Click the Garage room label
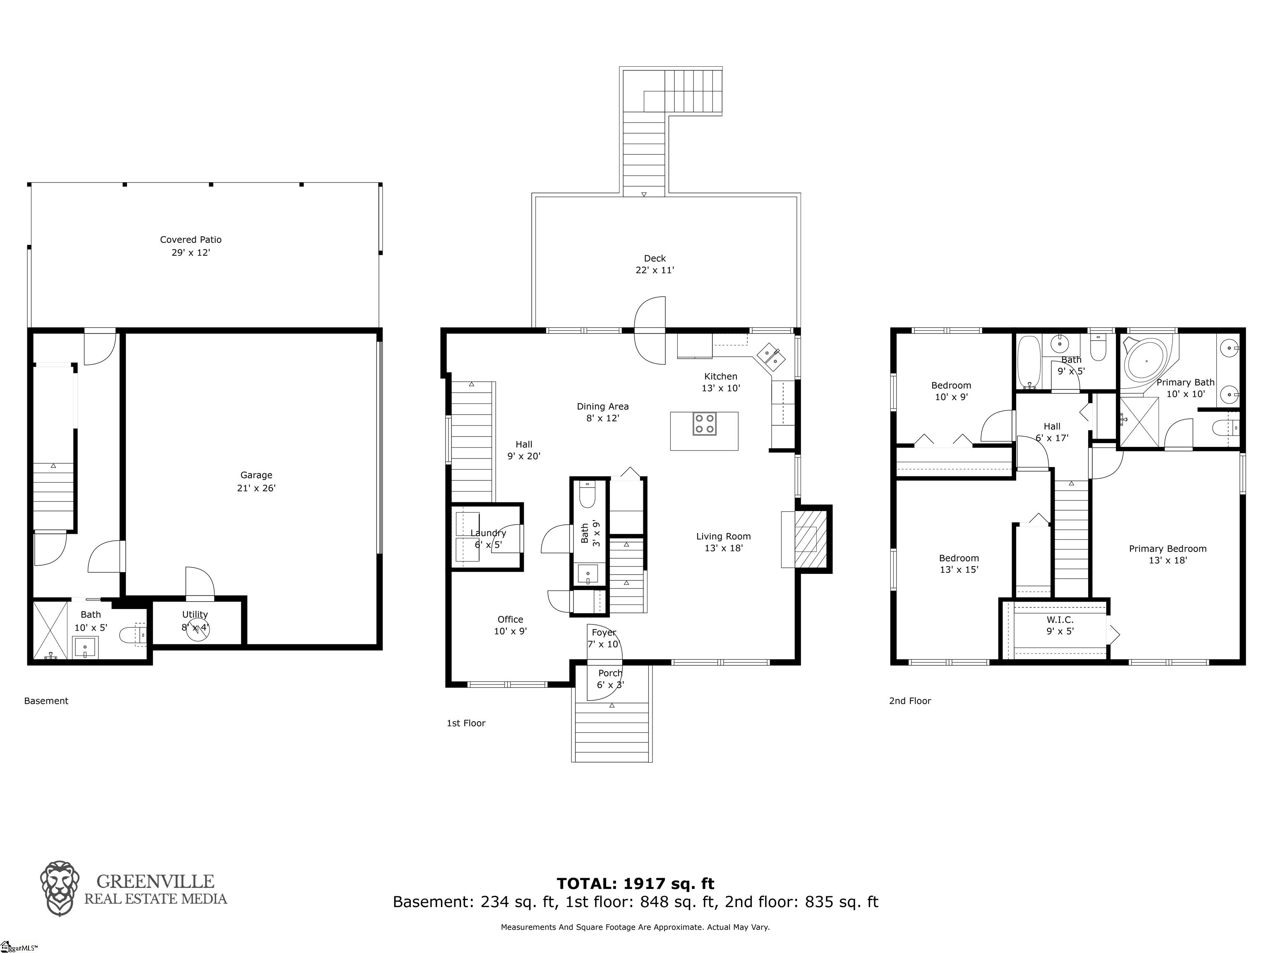[256, 475]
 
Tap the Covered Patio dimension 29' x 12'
[191, 252]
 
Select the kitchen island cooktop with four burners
[705, 424]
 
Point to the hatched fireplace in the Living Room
[807, 539]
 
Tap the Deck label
[655, 258]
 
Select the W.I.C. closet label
[1060, 619]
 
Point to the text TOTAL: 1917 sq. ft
[635, 883]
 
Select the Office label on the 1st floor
[510, 619]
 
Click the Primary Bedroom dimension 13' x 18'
[1168, 560]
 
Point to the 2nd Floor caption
[909, 701]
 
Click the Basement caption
[46, 701]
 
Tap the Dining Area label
[602, 406]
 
